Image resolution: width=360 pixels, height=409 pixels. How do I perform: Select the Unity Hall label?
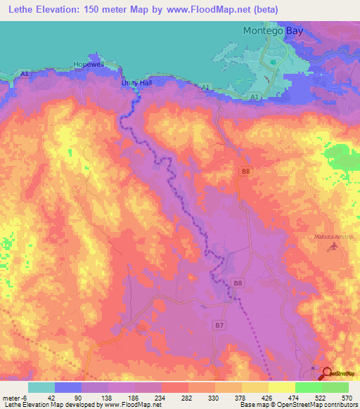137,83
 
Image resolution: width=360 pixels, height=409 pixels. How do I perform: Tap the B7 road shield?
220,325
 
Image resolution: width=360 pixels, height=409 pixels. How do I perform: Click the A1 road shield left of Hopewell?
25,74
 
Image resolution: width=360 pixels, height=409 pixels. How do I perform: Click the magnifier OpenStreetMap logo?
328,374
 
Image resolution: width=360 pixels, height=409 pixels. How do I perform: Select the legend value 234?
161,397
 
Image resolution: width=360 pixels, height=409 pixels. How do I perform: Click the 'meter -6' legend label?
15,397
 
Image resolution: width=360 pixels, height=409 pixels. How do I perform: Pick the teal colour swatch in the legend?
41,387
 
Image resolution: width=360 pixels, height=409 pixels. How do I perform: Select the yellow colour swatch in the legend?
282,387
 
